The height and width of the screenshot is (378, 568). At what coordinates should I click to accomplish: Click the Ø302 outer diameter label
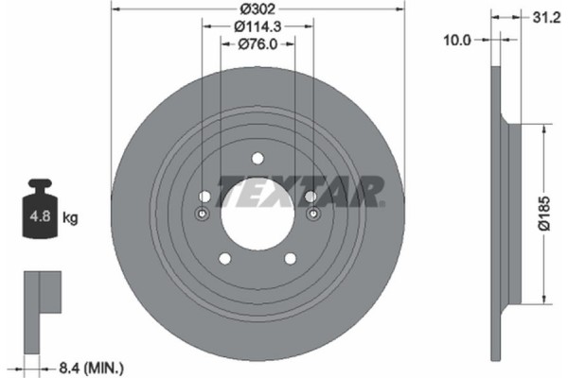click(258, 9)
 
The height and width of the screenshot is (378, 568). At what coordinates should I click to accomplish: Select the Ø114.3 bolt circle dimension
click(258, 26)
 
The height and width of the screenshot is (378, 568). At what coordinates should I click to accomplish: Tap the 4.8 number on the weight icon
click(40, 216)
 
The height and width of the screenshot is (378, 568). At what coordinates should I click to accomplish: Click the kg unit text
click(70, 217)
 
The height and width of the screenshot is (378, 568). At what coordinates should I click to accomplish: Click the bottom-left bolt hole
click(224, 258)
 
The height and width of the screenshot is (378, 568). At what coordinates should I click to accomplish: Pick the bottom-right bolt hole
click(291, 258)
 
